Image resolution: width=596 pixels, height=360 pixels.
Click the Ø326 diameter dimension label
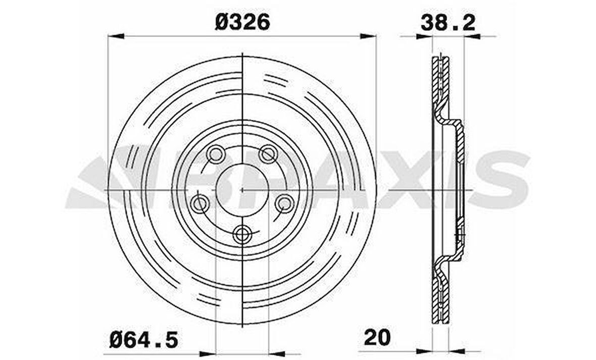[242, 22]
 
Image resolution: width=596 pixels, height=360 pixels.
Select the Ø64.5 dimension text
[143, 339]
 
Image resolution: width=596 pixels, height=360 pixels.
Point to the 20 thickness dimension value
[377, 337]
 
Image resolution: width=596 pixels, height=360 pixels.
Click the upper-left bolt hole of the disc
[215, 154]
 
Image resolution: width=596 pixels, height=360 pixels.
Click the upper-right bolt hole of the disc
[268, 154]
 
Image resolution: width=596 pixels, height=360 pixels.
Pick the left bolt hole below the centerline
[199, 204]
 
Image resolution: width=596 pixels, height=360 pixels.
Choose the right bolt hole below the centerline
[285, 204]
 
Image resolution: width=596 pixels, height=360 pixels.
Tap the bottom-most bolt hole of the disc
[242, 235]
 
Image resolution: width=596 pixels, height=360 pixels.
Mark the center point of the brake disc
[242, 189]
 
